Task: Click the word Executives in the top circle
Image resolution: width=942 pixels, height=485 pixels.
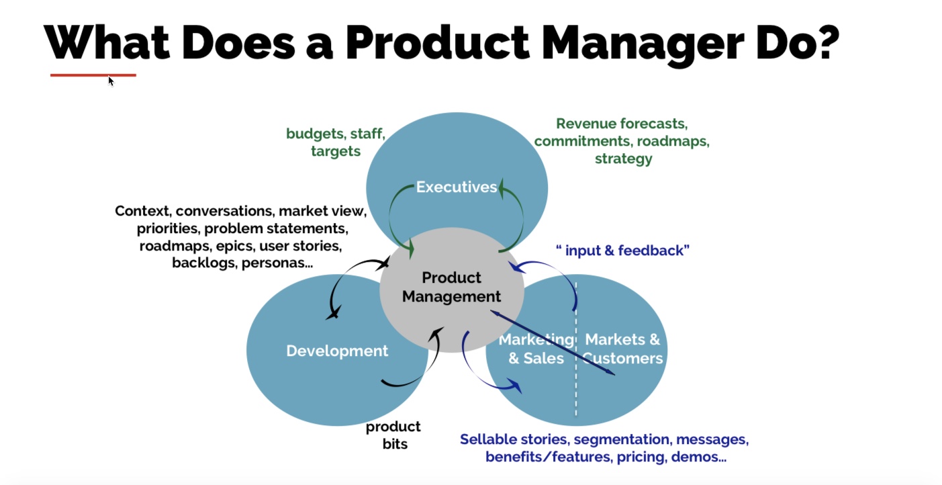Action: click(x=457, y=187)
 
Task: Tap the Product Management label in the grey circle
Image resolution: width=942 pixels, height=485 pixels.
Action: click(x=451, y=287)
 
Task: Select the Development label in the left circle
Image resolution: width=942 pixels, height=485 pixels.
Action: click(x=337, y=351)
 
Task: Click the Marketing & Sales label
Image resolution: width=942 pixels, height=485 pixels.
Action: click(x=536, y=349)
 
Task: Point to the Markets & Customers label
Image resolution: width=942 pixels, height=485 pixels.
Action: click(x=622, y=349)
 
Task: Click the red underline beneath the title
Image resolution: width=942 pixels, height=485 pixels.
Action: click(x=93, y=75)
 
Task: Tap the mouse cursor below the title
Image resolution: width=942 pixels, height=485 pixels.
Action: click(x=111, y=81)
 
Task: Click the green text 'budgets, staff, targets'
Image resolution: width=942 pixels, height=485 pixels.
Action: click(x=335, y=142)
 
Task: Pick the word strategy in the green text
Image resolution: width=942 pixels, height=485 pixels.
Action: click(x=623, y=159)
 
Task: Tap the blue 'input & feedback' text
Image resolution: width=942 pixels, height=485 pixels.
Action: click(x=622, y=251)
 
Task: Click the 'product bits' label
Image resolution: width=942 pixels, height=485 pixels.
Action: click(x=393, y=435)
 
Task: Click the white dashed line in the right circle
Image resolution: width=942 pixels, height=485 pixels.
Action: click(x=576, y=376)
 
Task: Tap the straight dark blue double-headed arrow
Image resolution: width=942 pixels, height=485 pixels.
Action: click(x=553, y=342)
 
